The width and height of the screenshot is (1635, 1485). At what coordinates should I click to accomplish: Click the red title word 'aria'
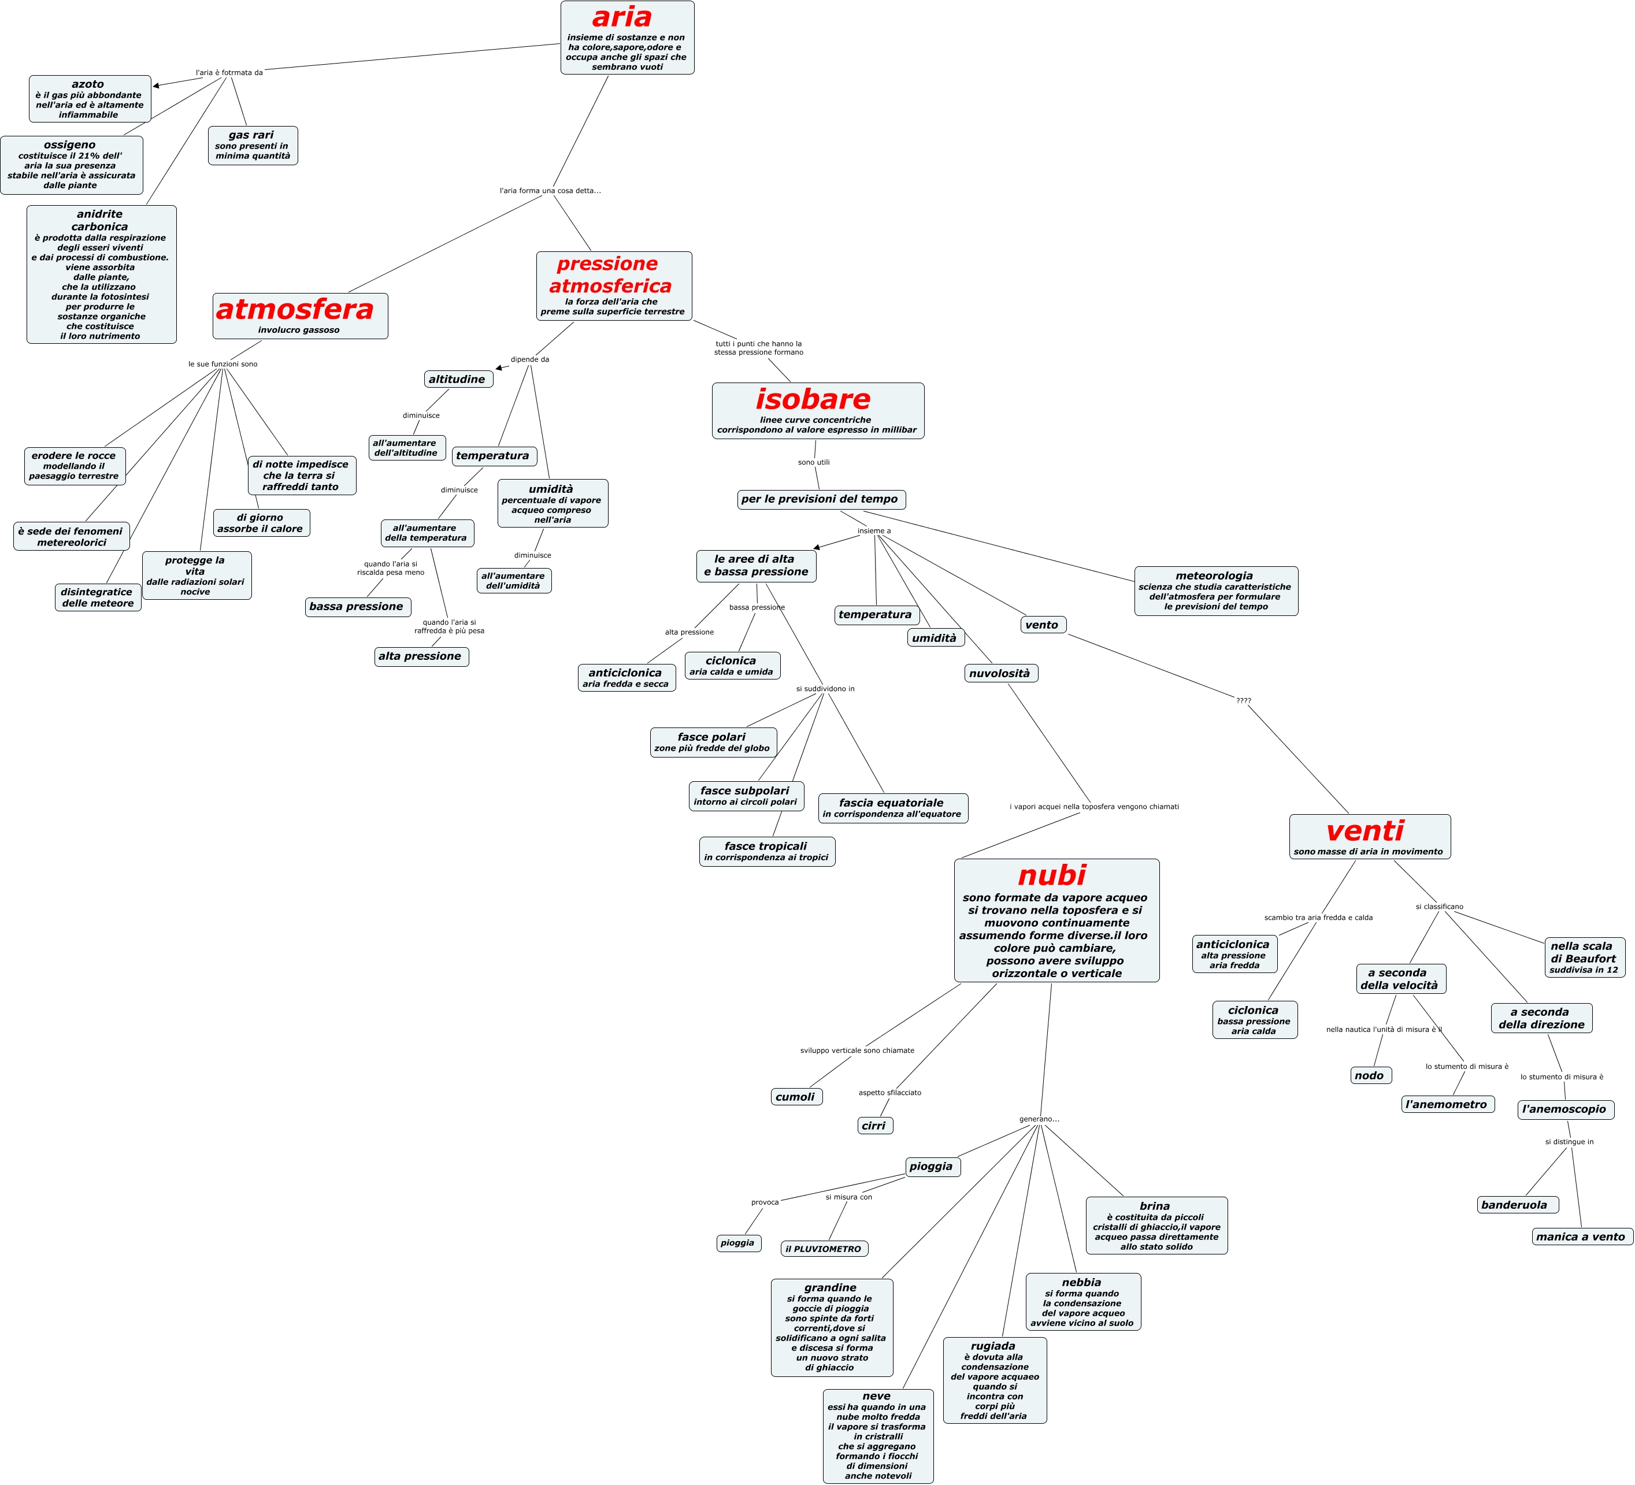[x=622, y=17]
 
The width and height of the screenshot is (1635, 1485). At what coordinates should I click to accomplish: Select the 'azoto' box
[x=89, y=99]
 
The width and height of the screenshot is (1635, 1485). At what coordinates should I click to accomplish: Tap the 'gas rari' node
[x=252, y=145]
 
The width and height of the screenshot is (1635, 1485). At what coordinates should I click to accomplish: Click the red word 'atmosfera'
[x=295, y=309]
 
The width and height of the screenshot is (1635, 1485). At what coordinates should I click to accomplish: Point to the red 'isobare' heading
[x=813, y=399]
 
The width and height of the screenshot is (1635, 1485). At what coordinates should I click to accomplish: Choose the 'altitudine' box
[x=457, y=378]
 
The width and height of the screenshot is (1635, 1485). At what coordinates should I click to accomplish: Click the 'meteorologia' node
[x=1215, y=591]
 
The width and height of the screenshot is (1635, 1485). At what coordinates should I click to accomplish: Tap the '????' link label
[x=1243, y=700]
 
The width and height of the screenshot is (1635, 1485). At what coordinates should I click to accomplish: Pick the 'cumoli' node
[x=796, y=1097]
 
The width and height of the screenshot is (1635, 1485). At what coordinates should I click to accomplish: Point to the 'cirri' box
[x=874, y=1125]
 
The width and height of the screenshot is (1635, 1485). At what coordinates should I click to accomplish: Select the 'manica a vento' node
[x=1581, y=1236]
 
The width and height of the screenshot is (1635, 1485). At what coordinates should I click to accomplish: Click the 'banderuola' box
[x=1516, y=1204]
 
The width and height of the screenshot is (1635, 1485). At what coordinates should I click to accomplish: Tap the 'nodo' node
[x=1369, y=1075]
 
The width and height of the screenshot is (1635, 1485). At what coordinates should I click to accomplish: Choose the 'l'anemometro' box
[x=1447, y=1104]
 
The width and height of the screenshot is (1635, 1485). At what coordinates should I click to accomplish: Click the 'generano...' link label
[x=1039, y=1119]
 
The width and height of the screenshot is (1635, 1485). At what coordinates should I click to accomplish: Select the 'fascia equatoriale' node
[x=892, y=808]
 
